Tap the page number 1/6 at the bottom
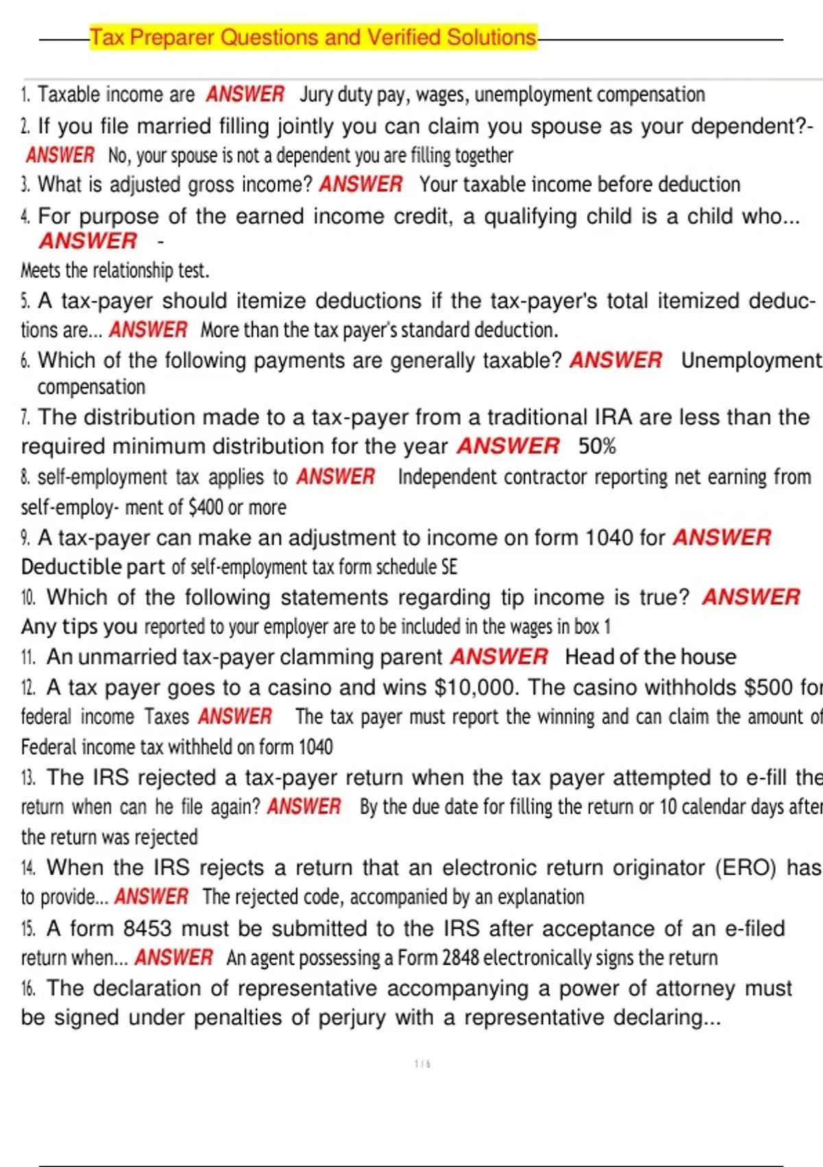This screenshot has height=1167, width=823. (x=422, y=1064)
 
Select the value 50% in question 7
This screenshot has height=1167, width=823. (x=597, y=446)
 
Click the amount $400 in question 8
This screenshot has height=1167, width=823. (x=206, y=507)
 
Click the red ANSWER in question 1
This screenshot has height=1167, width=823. (x=245, y=94)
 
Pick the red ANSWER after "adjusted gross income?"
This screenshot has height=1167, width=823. (x=361, y=184)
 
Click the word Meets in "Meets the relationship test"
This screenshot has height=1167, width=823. (x=40, y=270)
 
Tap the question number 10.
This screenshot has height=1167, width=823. (x=28, y=597)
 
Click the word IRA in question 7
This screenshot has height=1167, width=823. (x=617, y=417)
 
